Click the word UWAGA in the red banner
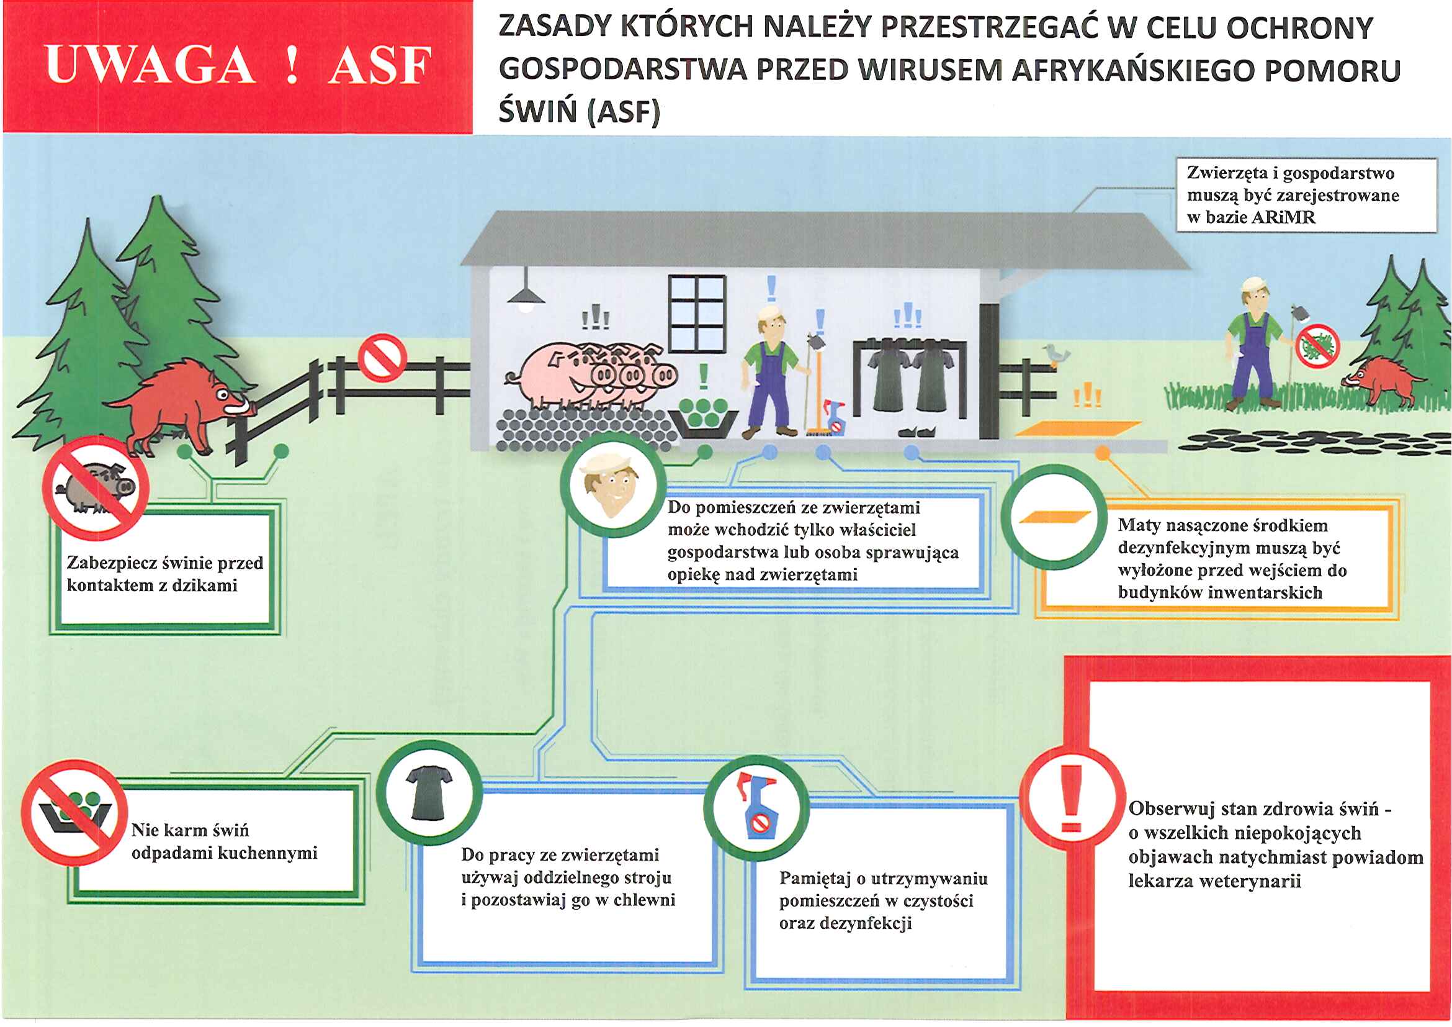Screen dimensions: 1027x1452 pyautogui.click(x=151, y=65)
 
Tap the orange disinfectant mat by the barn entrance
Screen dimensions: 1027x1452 pyautogui.click(x=1078, y=428)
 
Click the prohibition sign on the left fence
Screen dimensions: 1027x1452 pyautogui.click(x=382, y=358)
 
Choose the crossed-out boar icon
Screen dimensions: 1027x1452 pyautogui.click(x=96, y=487)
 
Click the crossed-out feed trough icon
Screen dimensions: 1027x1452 pyautogui.click(x=74, y=813)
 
